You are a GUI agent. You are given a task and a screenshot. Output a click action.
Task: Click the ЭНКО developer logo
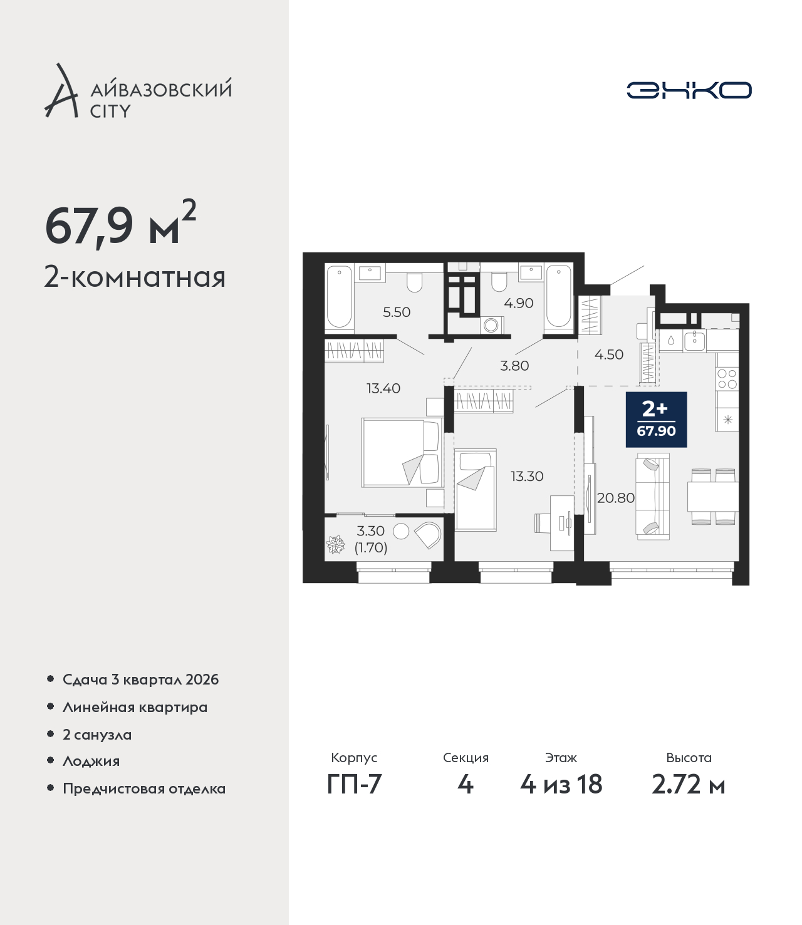[x=689, y=90]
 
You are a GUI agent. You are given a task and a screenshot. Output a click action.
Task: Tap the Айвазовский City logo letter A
[x=61, y=91]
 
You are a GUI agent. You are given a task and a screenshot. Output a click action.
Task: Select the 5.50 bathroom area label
[x=396, y=312]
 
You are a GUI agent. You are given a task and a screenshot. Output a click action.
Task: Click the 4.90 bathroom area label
[x=519, y=303]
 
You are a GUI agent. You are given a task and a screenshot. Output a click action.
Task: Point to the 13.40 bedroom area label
[x=383, y=388]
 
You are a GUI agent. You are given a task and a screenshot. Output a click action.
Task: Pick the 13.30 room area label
[x=527, y=476]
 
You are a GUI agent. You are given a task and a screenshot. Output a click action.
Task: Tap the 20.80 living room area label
[x=616, y=498]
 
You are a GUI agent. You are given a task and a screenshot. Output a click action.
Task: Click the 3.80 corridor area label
[x=514, y=366]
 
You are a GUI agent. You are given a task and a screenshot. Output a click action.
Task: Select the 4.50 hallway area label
[x=608, y=354]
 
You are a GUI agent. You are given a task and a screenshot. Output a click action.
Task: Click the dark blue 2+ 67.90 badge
[x=656, y=420]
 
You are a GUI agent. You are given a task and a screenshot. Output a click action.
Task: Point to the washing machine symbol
[x=492, y=325]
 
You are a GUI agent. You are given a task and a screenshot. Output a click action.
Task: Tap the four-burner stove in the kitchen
[x=727, y=379]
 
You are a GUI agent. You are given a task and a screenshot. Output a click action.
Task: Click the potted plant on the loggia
[x=336, y=544]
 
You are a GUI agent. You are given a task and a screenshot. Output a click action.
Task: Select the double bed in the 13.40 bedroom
[x=402, y=452]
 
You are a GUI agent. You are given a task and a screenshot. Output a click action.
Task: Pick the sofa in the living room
[x=653, y=497]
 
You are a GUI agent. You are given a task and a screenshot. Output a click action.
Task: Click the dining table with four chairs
[x=713, y=496]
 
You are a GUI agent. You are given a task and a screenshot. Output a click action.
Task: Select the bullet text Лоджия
[x=91, y=761]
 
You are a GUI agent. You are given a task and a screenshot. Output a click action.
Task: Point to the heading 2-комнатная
[x=135, y=277]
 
